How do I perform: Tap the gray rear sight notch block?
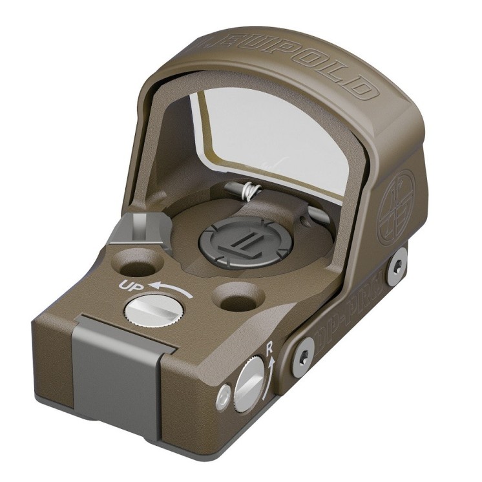point(141,230)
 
